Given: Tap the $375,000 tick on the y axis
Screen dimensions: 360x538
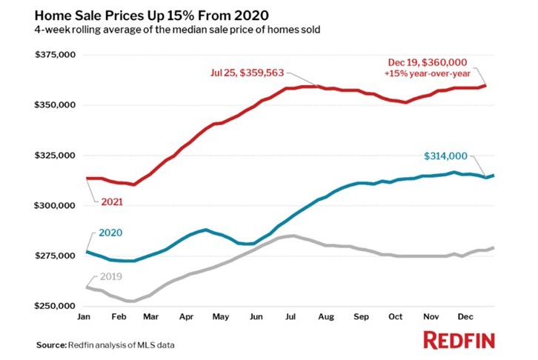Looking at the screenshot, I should (56, 55).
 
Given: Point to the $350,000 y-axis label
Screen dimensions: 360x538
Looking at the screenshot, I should (56, 105).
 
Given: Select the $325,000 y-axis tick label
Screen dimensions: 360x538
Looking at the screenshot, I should (56, 156).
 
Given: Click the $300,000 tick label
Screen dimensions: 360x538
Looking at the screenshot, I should (56, 205).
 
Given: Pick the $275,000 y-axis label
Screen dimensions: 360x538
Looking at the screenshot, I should (56, 256).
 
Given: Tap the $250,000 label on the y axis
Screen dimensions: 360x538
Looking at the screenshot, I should (56, 306).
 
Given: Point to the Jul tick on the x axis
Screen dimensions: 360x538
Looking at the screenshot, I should (290, 316).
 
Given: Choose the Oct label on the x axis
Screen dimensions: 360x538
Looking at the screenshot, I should (397, 316).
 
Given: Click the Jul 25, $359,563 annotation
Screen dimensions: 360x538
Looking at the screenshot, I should (245, 73).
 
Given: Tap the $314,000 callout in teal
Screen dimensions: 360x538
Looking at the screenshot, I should (445, 156).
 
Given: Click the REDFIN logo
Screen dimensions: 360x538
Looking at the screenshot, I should (459, 341).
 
